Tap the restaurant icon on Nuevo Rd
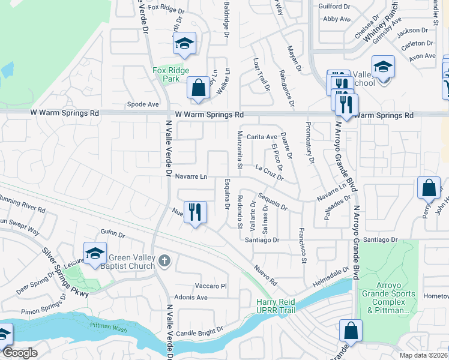(x=195, y=212)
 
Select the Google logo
(x=20, y=353)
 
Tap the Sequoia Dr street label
(x=273, y=202)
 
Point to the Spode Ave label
(x=143, y=104)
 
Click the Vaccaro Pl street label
(x=210, y=286)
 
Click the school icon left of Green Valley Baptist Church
(x=95, y=254)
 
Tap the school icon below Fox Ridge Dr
(x=185, y=43)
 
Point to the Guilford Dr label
(x=336, y=7)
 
